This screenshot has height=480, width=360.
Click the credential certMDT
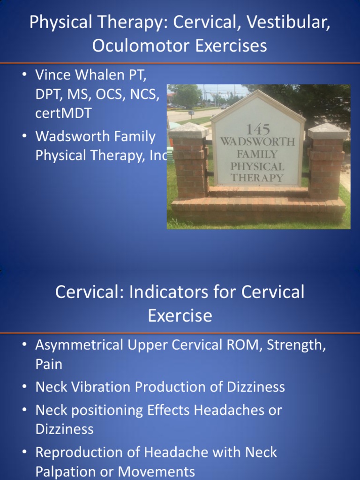[x=63, y=113]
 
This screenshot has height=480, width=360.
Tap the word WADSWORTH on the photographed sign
[x=258, y=141]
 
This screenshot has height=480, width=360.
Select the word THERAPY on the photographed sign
[x=257, y=178]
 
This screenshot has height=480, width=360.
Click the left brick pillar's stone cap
[x=188, y=130]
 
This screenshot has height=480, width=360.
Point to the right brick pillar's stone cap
[x=328, y=131]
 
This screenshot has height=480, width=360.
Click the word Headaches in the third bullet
[x=225, y=410]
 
